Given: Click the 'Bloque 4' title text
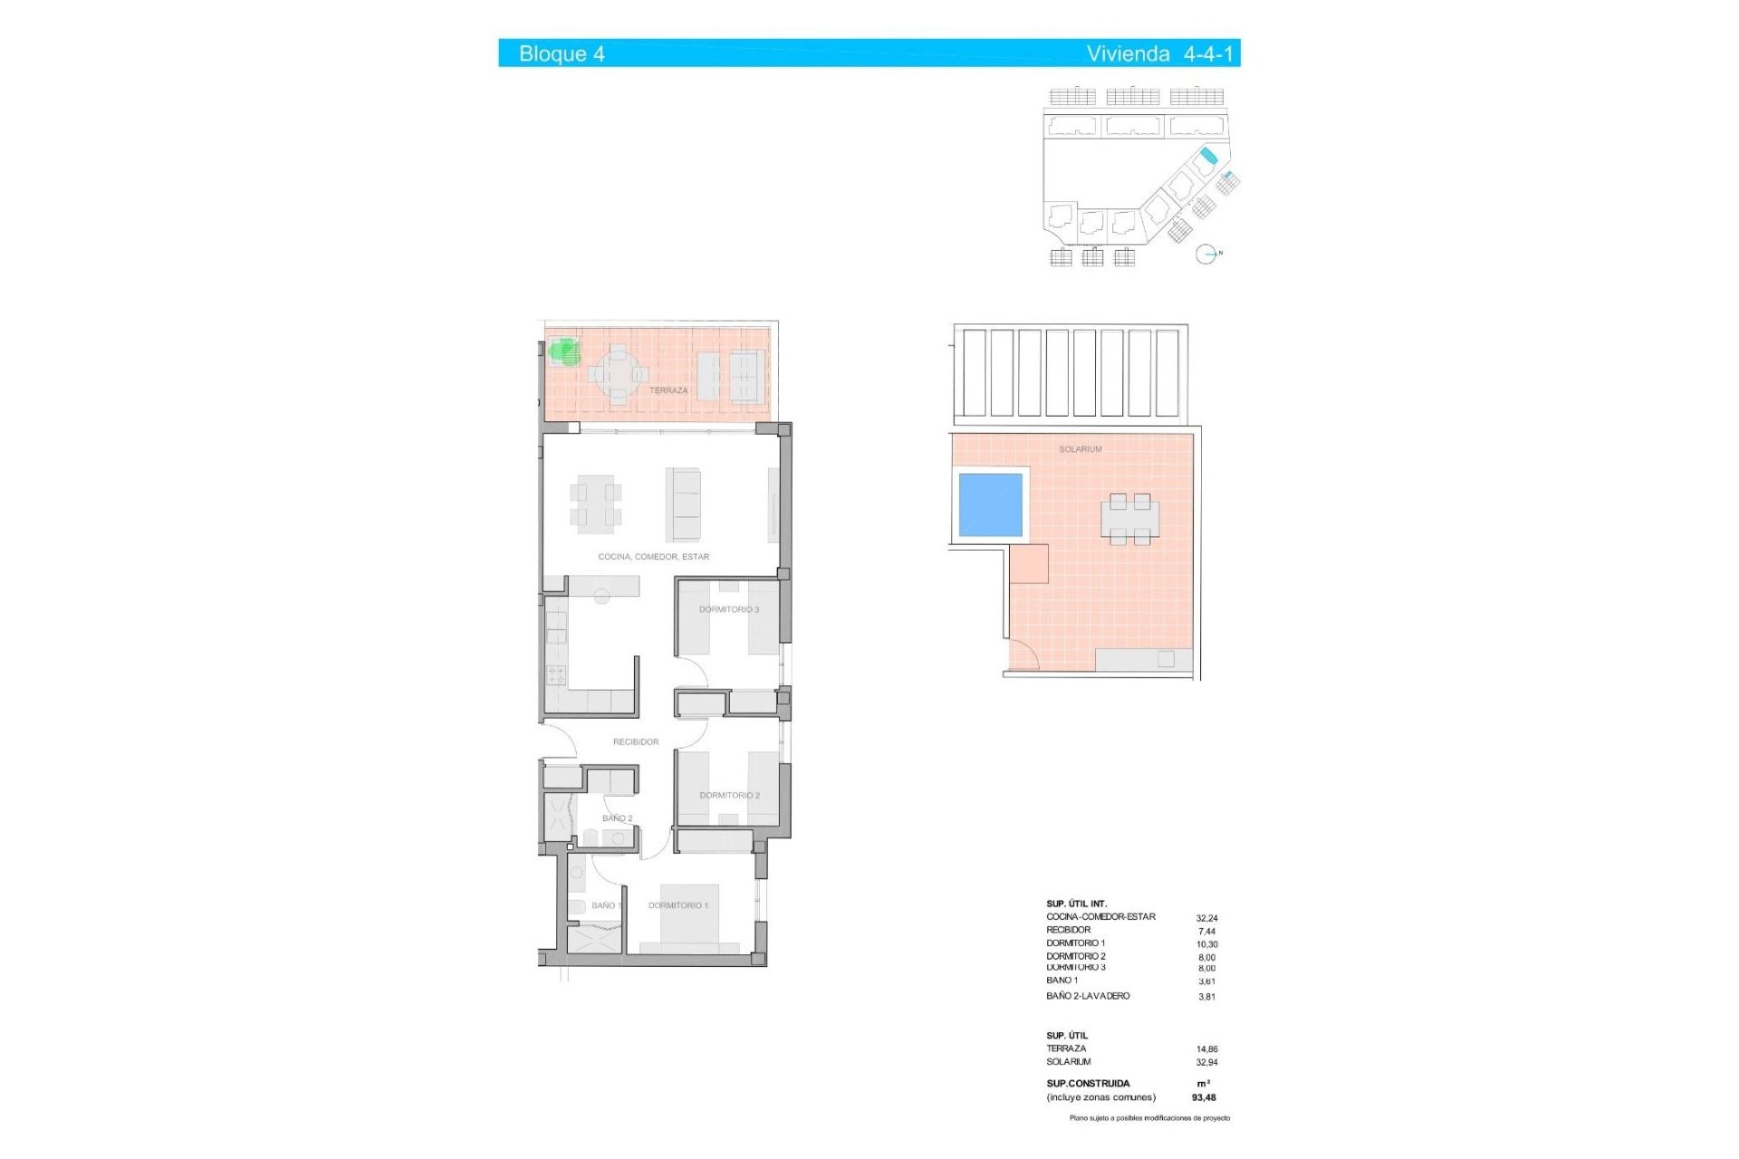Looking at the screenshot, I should pos(562,53).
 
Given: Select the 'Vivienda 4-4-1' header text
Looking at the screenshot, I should pos(1159,53).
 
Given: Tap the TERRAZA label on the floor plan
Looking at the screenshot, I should pos(668,390).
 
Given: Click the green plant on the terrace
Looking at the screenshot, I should pos(565,351).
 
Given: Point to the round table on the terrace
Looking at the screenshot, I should pos(618,373).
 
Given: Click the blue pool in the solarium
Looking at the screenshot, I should pos(990,504).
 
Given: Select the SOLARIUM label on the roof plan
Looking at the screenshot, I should pos(1080,449).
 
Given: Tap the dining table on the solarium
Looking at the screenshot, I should pos(1129,520).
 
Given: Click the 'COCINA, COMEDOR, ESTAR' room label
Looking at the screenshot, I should pos(653,557).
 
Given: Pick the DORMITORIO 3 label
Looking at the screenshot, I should pos(728,609).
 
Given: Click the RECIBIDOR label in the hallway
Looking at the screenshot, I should pos(635,742).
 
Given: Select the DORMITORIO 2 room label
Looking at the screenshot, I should pos(729,795).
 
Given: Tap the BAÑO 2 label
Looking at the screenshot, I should pos(617,819).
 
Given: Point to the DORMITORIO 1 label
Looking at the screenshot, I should pos(677,905).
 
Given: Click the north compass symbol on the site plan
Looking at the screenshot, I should pos(1206,254).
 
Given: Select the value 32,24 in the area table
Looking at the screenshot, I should pos(1206,918).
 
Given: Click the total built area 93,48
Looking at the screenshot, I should pos(1204,1097).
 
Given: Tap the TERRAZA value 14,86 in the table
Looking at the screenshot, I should pos(1206,1049).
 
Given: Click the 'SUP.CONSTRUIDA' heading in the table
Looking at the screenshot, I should pos(1088,1083).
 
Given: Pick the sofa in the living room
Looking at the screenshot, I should pos(684,503).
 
